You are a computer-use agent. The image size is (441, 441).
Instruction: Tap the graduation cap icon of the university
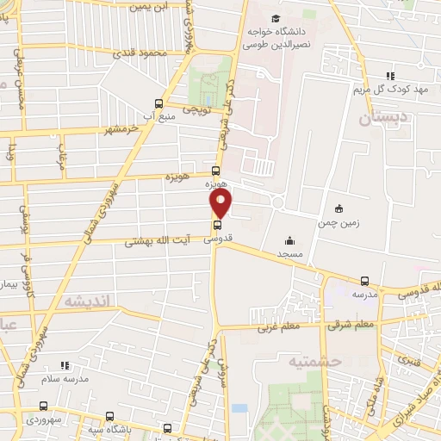coord(276,19)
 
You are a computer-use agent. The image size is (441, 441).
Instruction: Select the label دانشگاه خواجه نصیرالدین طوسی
coord(276,35)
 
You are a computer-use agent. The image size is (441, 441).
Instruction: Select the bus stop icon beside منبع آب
coord(158,101)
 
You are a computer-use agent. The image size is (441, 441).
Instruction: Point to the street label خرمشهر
coord(121,129)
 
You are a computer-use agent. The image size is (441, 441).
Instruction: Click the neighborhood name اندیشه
coord(84,299)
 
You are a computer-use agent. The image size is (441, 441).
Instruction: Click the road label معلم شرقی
coord(351,325)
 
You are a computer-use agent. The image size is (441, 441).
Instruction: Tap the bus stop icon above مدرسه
coord(365,281)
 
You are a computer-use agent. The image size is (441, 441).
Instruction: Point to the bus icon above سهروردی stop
coord(44,405)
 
